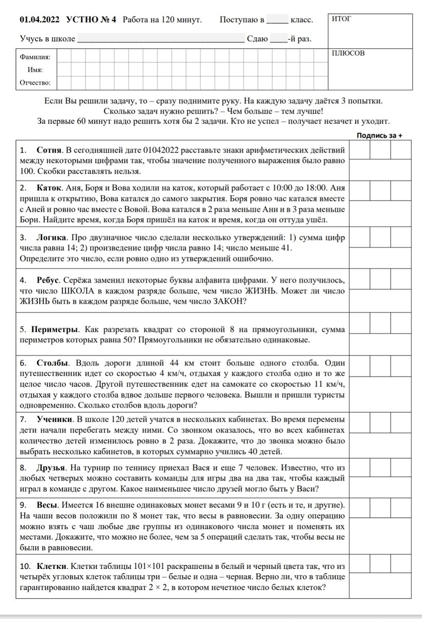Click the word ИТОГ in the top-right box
pyautogui.click(x=342, y=20)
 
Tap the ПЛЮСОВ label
pyautogui.click(x=348, y=53)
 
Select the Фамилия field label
pyautogui.click(x=35, y=57)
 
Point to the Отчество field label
pyautogui.click(x=35, y=83)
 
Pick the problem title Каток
pyautogui.click(x=49, y=188)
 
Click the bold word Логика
pyautogui.click(x=52, y=238)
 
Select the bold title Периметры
pyautogui.click(x=56, y=329)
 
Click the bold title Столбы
pyautogui.click(x=53, y=362)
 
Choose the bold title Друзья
pyautogui.click(x=52, y=468)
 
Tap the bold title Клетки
pyautogui.click(x=52, y=566)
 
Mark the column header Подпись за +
pyautogui.click(x=379, y=136)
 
